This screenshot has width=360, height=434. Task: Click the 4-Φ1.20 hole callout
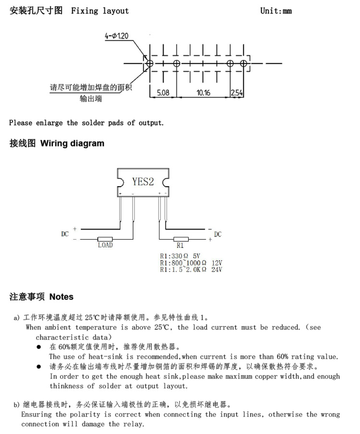point(117,36)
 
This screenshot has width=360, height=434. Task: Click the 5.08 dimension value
point(163,93)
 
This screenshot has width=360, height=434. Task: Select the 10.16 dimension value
point(204,93)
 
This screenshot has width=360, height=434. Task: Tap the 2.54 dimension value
point(237,93)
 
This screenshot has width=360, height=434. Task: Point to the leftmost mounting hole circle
point(149,63)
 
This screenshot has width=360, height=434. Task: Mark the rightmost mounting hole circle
point(243,63)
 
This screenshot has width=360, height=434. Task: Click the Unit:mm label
point(276,11)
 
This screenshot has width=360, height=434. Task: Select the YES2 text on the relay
point(143,181)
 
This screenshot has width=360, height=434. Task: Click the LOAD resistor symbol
point(105,239)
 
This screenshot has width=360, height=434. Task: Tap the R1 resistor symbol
point(181,239)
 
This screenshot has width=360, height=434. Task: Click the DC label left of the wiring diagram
point(65,234)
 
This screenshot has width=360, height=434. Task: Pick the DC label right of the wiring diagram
point(218,234)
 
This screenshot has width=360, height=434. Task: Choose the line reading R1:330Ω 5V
point(180,256)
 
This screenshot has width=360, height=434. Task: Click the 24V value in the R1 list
point(216,269)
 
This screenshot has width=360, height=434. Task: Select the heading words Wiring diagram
point(72,144)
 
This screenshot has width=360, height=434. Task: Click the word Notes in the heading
point(61,297)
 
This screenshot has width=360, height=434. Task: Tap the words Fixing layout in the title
point(100,11)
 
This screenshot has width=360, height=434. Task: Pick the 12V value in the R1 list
point(217,263)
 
